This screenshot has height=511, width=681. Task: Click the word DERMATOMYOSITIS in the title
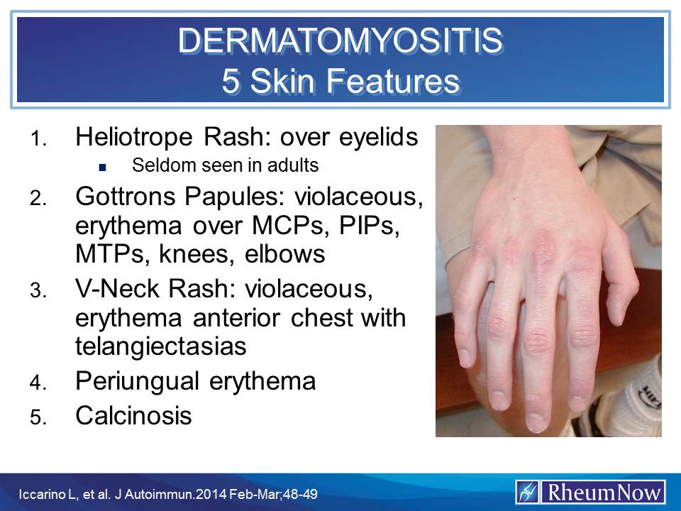coord(340,41)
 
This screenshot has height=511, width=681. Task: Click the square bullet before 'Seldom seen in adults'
coord(103,167)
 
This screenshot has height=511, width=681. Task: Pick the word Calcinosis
coord(133,416)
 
